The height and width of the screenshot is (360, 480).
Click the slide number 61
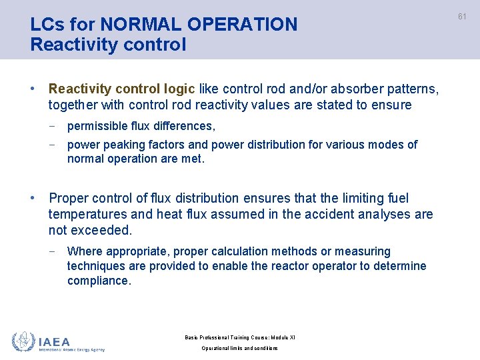click(462, 17)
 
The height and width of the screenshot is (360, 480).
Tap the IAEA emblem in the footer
click(23, 341)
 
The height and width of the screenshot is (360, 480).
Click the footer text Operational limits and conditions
click(239, 348)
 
